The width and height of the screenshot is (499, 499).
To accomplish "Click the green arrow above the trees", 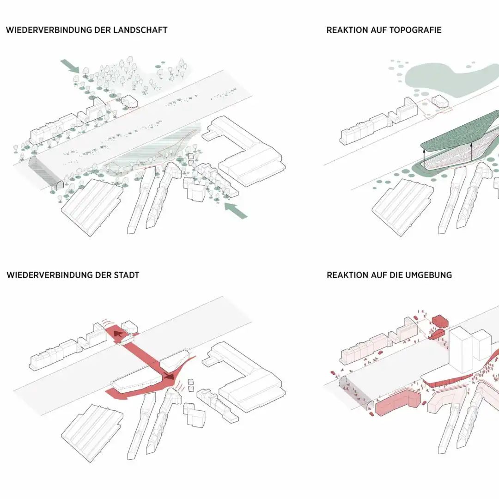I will coord(70,66).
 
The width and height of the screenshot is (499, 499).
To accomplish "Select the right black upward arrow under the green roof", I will coord(471,152).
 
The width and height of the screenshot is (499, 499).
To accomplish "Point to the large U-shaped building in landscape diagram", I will coord(245,152).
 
